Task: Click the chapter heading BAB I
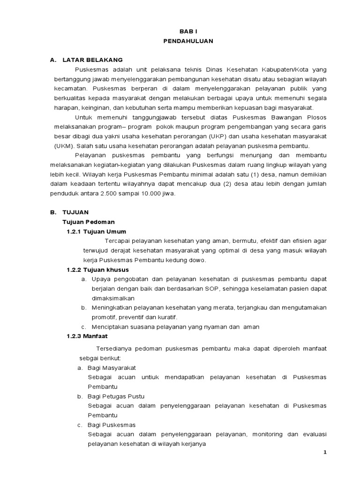188,31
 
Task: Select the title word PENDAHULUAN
188,41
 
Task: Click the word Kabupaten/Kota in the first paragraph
285,69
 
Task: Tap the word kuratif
167,317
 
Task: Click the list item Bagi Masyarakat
112,367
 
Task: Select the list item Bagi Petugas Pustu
116,396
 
